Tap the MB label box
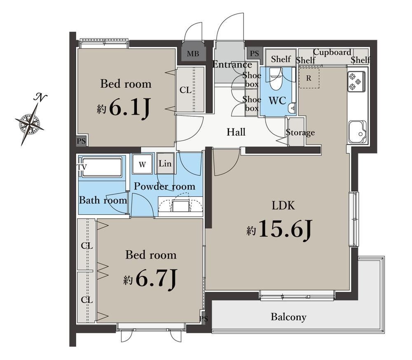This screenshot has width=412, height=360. point(193,54)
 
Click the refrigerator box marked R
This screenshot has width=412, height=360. point(309,78)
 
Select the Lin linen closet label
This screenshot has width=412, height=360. point(165,164)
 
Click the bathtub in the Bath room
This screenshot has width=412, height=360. point(102,167)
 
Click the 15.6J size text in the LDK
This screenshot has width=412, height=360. point(286,229)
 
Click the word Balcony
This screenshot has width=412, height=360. point(288,317)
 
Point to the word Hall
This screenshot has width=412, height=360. point(236,132)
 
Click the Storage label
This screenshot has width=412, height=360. point(300,132)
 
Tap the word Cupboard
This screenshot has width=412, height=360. point(332,52)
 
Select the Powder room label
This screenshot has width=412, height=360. point(164,186)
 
